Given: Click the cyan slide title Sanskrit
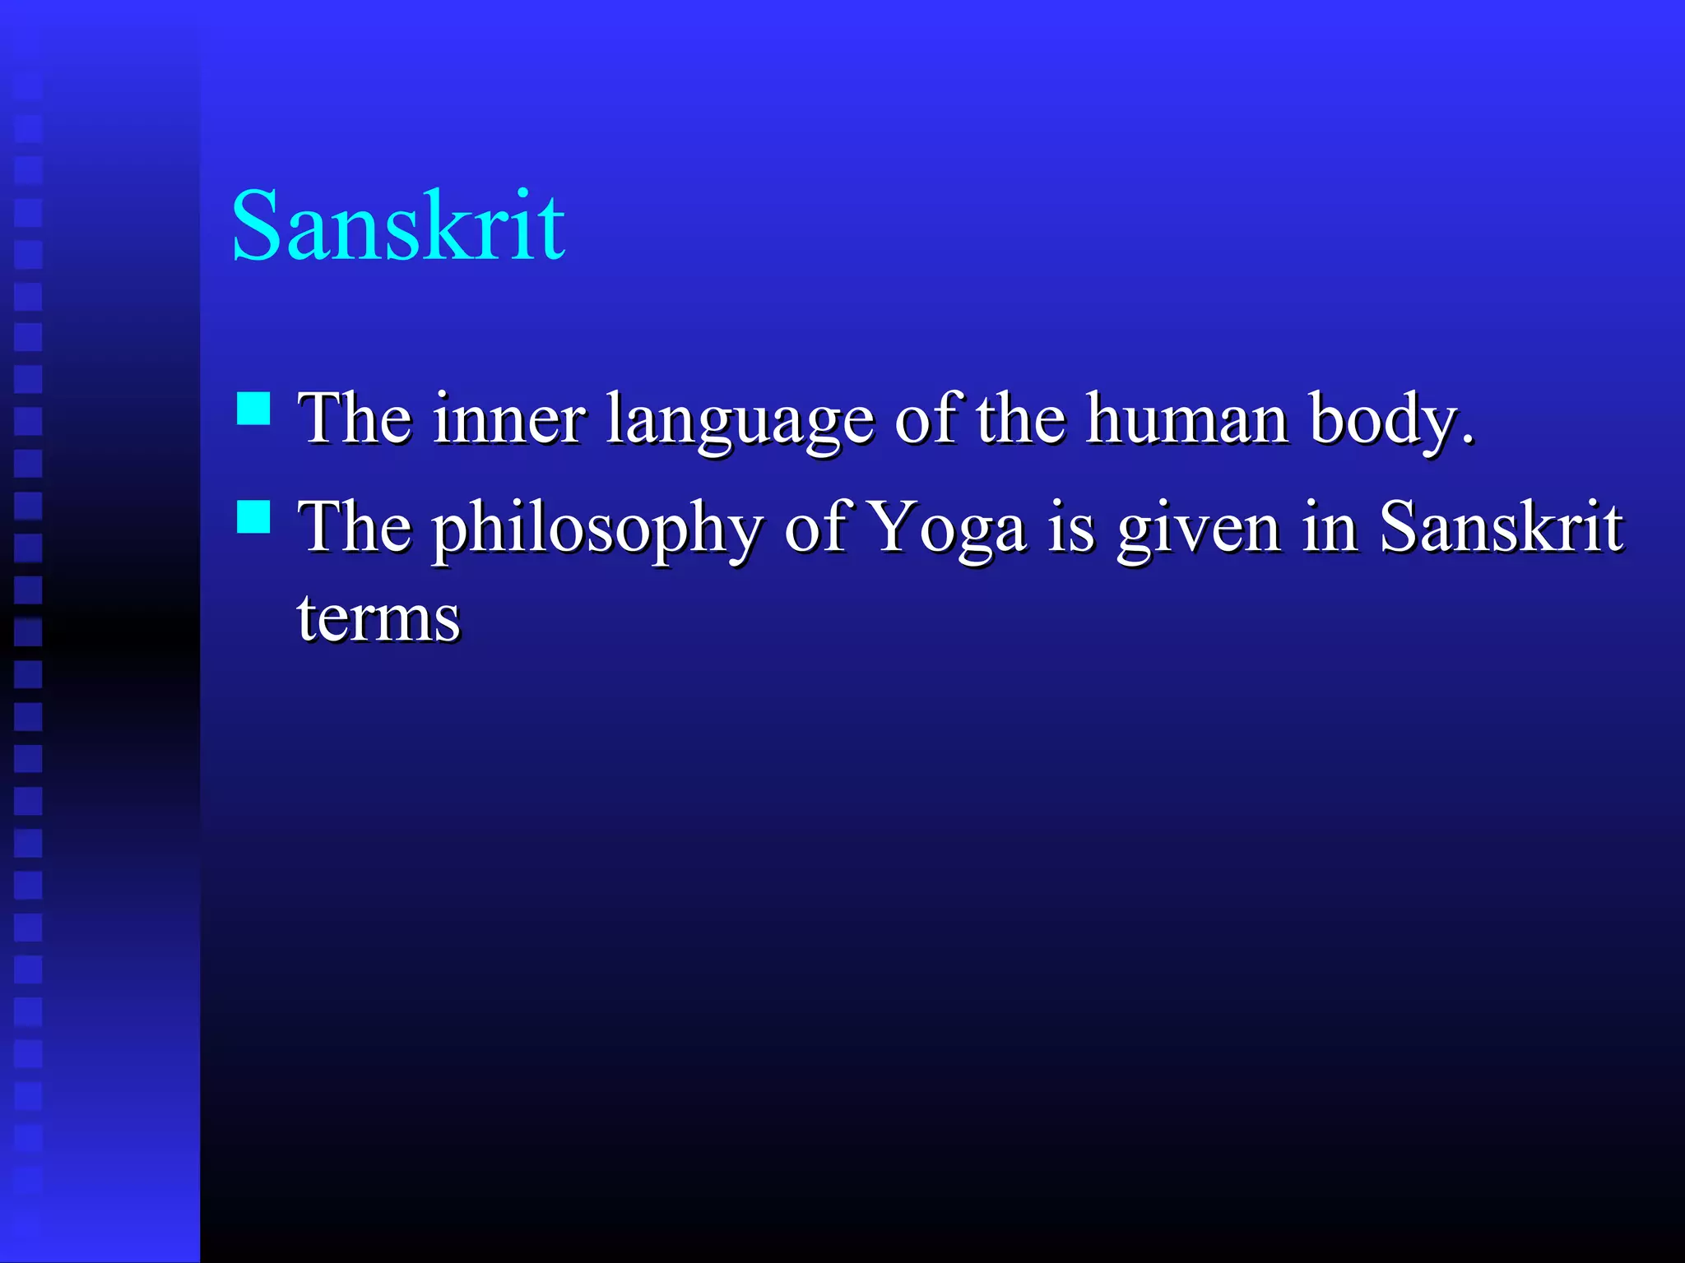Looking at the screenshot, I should [x=398, y=225].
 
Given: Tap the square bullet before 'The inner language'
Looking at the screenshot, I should [x=253, y=408].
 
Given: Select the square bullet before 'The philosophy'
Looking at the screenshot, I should [x=253, y=517].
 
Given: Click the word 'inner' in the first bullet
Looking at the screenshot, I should [x=509, y=419].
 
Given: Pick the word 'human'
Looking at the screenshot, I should [x=1186, y=419].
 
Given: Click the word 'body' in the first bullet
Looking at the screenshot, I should [x=1382, y=421].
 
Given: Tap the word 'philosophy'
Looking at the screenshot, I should [x=597, y=529].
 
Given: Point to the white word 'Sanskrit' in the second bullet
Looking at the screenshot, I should [x=1501, y=526].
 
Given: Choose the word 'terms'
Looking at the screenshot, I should [x=378, y=618].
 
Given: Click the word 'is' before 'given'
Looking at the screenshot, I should [x=1071, y=527].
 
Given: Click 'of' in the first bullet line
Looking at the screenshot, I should [x=926, y=419].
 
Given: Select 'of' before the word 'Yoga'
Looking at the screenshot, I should [x=815, y=527].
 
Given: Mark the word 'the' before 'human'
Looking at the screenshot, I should [x=1020, y=419].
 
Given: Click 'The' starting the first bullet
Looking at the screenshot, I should [x=355, y=419].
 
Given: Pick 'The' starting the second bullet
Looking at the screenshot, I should [x=355, y=527].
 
